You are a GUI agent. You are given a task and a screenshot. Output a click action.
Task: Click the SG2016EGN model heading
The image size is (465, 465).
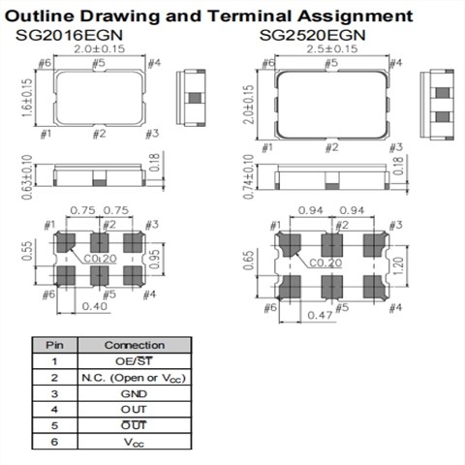[69, 35]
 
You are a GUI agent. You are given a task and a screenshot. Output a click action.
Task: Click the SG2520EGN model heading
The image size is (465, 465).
[313, 35]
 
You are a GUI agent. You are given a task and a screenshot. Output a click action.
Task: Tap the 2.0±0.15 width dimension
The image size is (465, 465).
[99, 49]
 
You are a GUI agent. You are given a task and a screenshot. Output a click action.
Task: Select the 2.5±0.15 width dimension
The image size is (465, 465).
[332, 49]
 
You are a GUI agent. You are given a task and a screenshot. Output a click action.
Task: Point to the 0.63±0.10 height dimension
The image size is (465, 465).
[27, 177]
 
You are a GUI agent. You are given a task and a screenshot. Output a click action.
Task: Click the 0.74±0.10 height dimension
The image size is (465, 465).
[248, 176]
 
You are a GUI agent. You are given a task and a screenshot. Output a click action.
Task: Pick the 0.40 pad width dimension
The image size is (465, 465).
[94, 306]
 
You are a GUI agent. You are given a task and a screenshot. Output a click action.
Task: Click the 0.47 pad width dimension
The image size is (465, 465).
[320, 315]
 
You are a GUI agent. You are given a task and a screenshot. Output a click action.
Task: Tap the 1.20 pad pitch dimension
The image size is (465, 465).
[399, 265]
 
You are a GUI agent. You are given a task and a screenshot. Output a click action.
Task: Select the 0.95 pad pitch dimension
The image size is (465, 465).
[155, 259]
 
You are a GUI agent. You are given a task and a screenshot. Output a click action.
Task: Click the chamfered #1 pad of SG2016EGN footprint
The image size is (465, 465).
[66, 243]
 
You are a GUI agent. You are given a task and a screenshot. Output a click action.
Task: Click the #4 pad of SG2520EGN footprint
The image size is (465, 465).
[375, 287]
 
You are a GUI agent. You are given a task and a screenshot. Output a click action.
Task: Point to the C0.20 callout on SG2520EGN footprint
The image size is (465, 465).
[325, 263]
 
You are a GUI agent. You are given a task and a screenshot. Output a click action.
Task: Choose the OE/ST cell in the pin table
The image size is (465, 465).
[134, 361]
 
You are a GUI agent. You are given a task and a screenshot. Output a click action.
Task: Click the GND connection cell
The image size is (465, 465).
[134, 393]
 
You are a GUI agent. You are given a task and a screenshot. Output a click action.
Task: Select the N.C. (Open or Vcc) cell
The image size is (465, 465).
[134, 378]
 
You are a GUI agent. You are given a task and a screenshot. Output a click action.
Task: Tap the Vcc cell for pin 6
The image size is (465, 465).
[134, 442]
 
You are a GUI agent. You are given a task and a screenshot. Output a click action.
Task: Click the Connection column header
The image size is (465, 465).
[135, 345]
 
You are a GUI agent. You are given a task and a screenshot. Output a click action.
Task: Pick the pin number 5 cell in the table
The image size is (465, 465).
[54, 425]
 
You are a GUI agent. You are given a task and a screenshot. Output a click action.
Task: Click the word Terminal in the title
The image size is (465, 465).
[251, 15]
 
